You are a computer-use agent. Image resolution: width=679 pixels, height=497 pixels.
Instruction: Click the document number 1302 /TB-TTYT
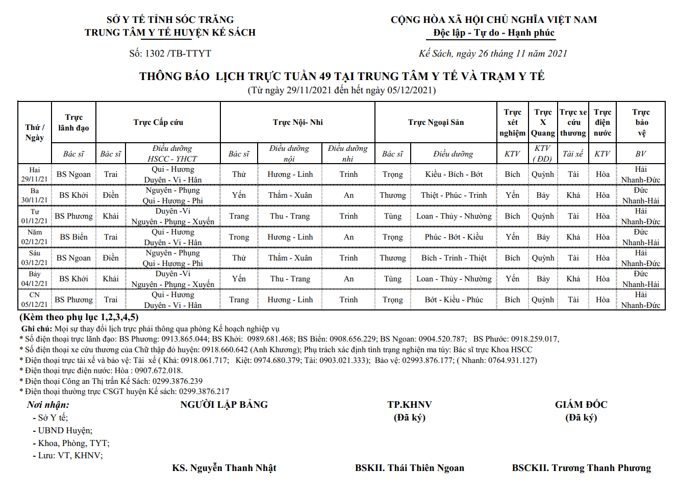[x=170, y=54]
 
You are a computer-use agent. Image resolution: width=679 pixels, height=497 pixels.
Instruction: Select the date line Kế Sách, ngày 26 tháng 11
[x=493, y=54]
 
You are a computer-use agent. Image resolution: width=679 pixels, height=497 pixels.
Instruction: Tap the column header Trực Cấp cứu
[x=158, y=122]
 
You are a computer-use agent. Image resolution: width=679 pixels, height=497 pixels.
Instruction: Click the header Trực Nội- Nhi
[x=297, y=122]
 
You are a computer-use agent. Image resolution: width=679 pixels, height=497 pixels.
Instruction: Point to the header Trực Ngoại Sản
[x=436, y=122]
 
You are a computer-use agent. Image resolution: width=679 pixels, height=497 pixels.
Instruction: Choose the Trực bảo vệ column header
[x=641, y=122]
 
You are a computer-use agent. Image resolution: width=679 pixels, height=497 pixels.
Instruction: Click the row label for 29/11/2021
[x=34, y=174]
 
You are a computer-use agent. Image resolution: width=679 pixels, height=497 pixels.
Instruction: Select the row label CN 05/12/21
[x=34, y=300]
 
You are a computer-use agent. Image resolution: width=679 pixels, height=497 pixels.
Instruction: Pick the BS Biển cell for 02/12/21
[x=73, y=237]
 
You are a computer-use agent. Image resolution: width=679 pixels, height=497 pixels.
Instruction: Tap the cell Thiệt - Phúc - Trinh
[x=454, y=195]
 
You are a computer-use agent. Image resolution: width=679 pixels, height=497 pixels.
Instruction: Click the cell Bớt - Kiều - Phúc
[x=454, y=300]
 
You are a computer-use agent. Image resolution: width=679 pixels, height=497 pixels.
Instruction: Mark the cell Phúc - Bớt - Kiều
[x=454, y=237]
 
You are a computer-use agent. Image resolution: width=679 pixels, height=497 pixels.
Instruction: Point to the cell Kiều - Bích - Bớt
[x=454, y=174]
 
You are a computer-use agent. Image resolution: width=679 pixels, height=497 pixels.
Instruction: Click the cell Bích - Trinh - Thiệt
[x=454, y=258]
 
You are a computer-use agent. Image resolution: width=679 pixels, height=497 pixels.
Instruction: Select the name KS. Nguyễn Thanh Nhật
[x=224, y=468]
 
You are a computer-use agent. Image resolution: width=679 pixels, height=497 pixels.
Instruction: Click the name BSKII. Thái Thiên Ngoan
[x=409, y=468]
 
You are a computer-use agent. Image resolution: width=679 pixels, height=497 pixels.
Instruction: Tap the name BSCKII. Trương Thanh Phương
[x=581, y=468]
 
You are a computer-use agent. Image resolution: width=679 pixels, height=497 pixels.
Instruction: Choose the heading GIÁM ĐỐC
[x=581, y=405]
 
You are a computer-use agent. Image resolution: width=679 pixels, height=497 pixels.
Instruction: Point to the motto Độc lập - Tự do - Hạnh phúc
[x=493, y=33]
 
